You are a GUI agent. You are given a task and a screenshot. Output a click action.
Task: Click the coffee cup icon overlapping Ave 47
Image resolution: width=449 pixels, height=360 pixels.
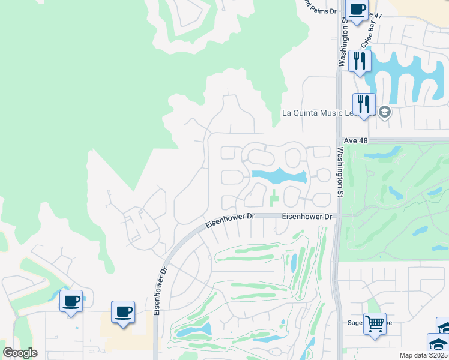[x=358, y=10]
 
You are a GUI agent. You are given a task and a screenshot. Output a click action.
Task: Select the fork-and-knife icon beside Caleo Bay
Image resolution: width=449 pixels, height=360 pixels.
[x=360, y=61]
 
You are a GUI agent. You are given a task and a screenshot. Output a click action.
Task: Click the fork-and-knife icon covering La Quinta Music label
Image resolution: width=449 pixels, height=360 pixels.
[x=364, y=104]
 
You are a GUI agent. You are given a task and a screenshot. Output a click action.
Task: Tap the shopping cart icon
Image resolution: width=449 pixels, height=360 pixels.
[x=375, y=325]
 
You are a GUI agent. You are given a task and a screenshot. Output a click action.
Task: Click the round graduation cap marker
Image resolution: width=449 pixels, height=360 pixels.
[x=385, y=112]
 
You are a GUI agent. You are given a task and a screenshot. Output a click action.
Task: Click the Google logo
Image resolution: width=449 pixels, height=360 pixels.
[x=20, y=353]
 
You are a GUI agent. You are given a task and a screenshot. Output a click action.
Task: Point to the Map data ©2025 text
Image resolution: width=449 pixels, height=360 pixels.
[x=423, y=355]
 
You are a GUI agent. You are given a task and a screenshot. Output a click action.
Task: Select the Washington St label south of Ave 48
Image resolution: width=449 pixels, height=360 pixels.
[x=340, y=172]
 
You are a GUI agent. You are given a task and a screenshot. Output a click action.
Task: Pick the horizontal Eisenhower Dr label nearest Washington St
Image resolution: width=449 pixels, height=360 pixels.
[x=307, y=216]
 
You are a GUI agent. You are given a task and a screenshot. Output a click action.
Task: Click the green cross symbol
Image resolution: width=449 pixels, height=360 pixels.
[x=274, y=196]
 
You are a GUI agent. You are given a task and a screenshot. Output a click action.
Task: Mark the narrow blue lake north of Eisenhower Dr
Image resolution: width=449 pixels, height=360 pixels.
[x=279, y=176]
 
